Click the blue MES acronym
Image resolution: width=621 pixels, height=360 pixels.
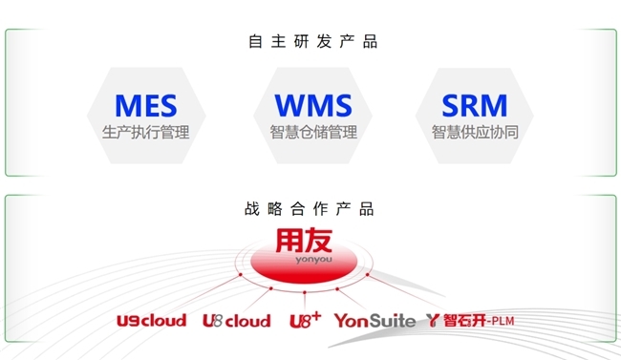[x=145, y=105]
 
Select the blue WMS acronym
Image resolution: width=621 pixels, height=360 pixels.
[x=312, y=105]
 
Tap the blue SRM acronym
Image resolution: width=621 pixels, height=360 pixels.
[x=474, y=105]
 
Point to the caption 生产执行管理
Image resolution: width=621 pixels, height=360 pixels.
[x=145, y=132]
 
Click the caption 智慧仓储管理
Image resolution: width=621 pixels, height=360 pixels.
[x=312, y=132]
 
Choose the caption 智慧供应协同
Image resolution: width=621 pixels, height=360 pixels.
[x=475, y=132]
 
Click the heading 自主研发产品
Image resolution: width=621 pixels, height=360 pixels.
[x=311, y=42]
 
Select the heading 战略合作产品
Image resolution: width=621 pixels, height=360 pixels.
[x=311, y=209]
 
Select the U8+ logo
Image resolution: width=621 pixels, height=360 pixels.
[x=305, y=320]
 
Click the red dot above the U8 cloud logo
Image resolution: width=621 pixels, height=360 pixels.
[x=270, y=289]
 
